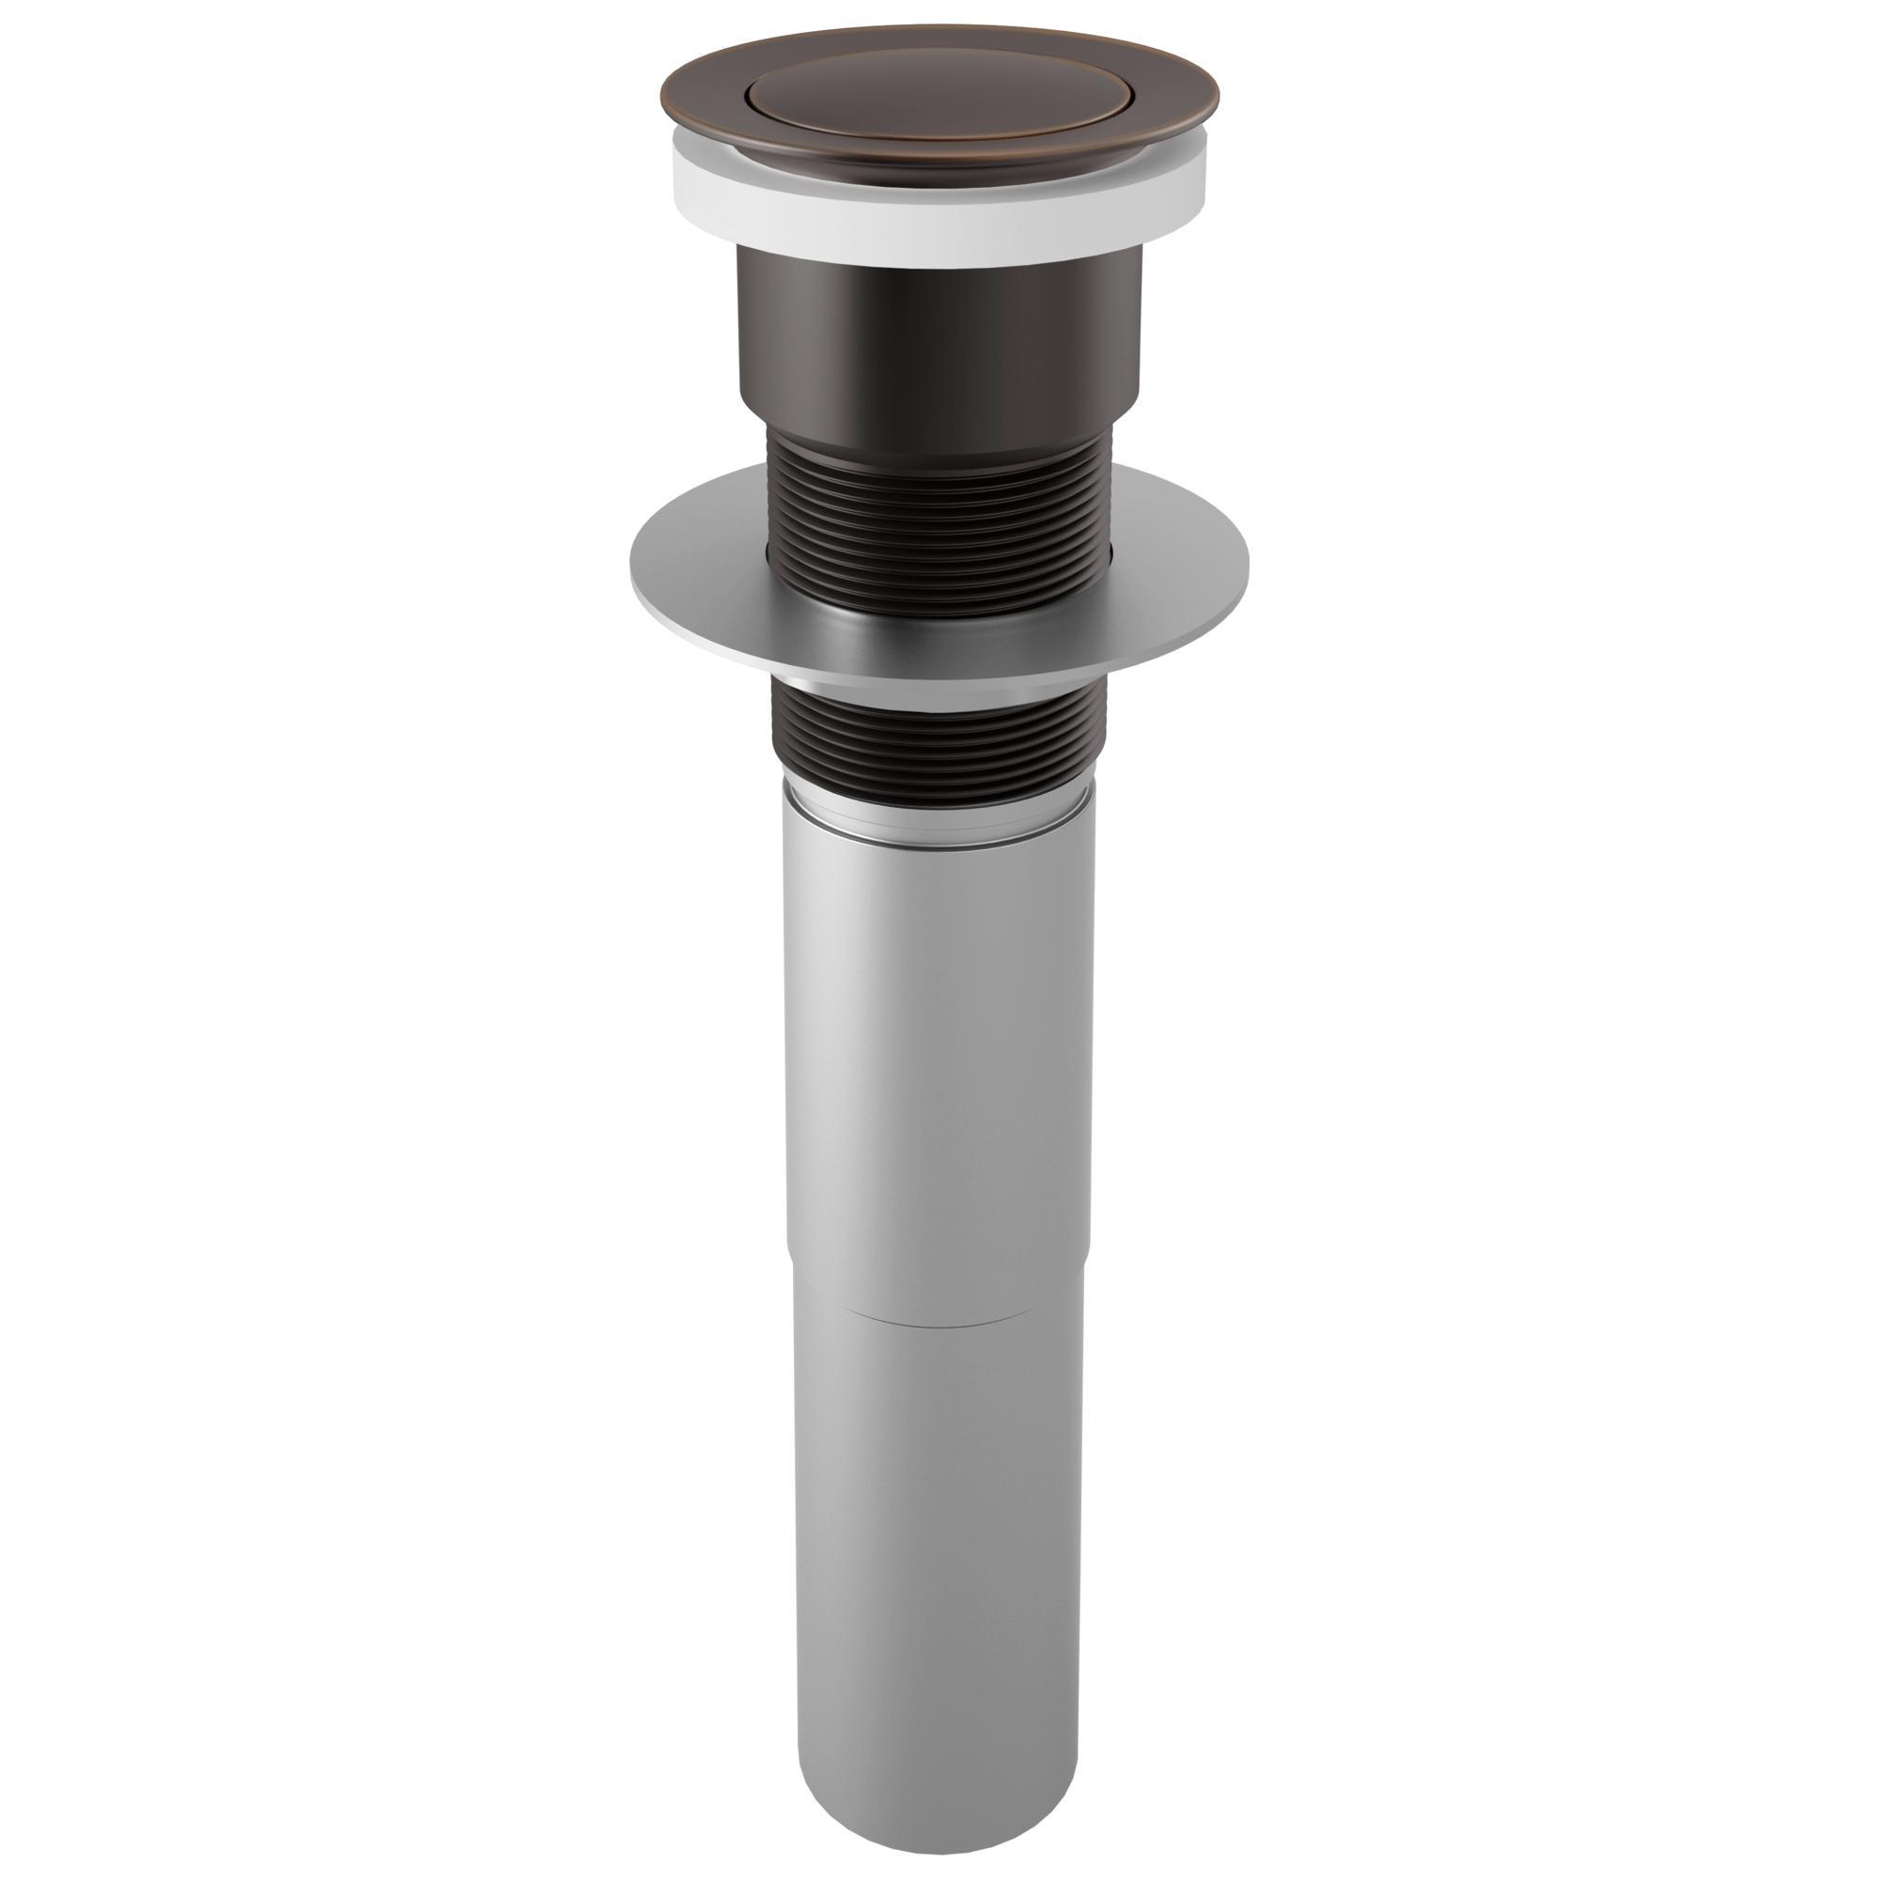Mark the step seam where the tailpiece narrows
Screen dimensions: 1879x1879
939,1321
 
